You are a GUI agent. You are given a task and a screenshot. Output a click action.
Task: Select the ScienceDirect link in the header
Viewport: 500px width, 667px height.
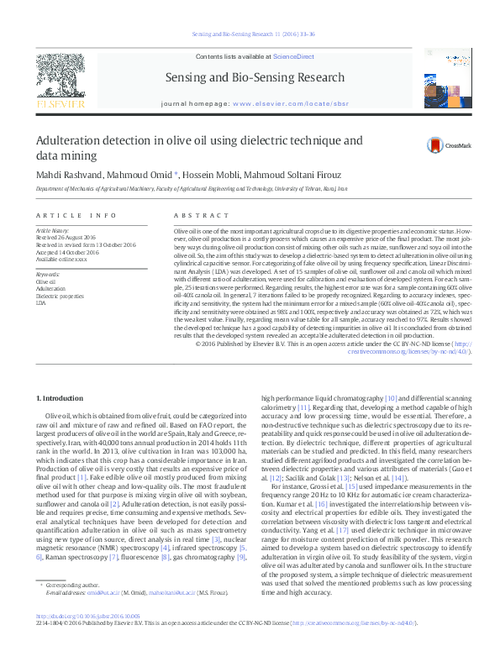294,55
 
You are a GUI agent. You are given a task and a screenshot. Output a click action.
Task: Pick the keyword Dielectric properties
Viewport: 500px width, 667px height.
60,297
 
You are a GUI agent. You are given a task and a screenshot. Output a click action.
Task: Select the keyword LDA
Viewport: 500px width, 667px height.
41,303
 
